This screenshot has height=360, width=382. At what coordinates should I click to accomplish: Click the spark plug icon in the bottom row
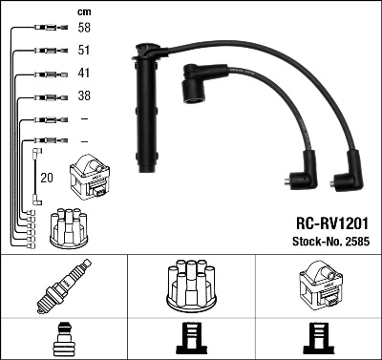(x=63, y=286)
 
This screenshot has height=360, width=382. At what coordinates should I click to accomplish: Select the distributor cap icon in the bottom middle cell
(x=190, y=286)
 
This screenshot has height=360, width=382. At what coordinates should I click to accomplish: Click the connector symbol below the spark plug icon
(x=63, y=339)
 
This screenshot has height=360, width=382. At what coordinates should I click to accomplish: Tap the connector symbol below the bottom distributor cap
(x=190, y=339)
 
